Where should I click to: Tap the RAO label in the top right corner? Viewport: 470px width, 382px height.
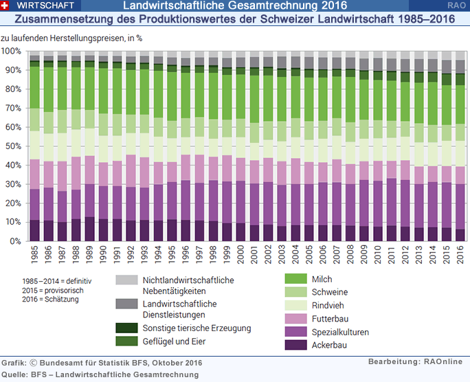point(456,5)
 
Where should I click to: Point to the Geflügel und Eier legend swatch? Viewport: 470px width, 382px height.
point(126,341)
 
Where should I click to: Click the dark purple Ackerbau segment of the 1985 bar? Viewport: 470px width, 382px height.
point(34,231)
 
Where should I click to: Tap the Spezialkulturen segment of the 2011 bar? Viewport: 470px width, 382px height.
point(391,202)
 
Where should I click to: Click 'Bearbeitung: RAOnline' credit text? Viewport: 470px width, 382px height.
point(414,361)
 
